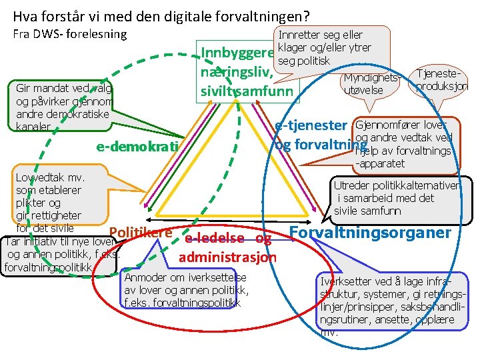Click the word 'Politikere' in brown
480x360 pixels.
point(140,232)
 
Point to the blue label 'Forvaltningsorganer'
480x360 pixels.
point(371,233)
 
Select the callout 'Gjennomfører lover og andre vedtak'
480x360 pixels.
point(404,143)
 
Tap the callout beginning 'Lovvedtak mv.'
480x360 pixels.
point(50,197)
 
